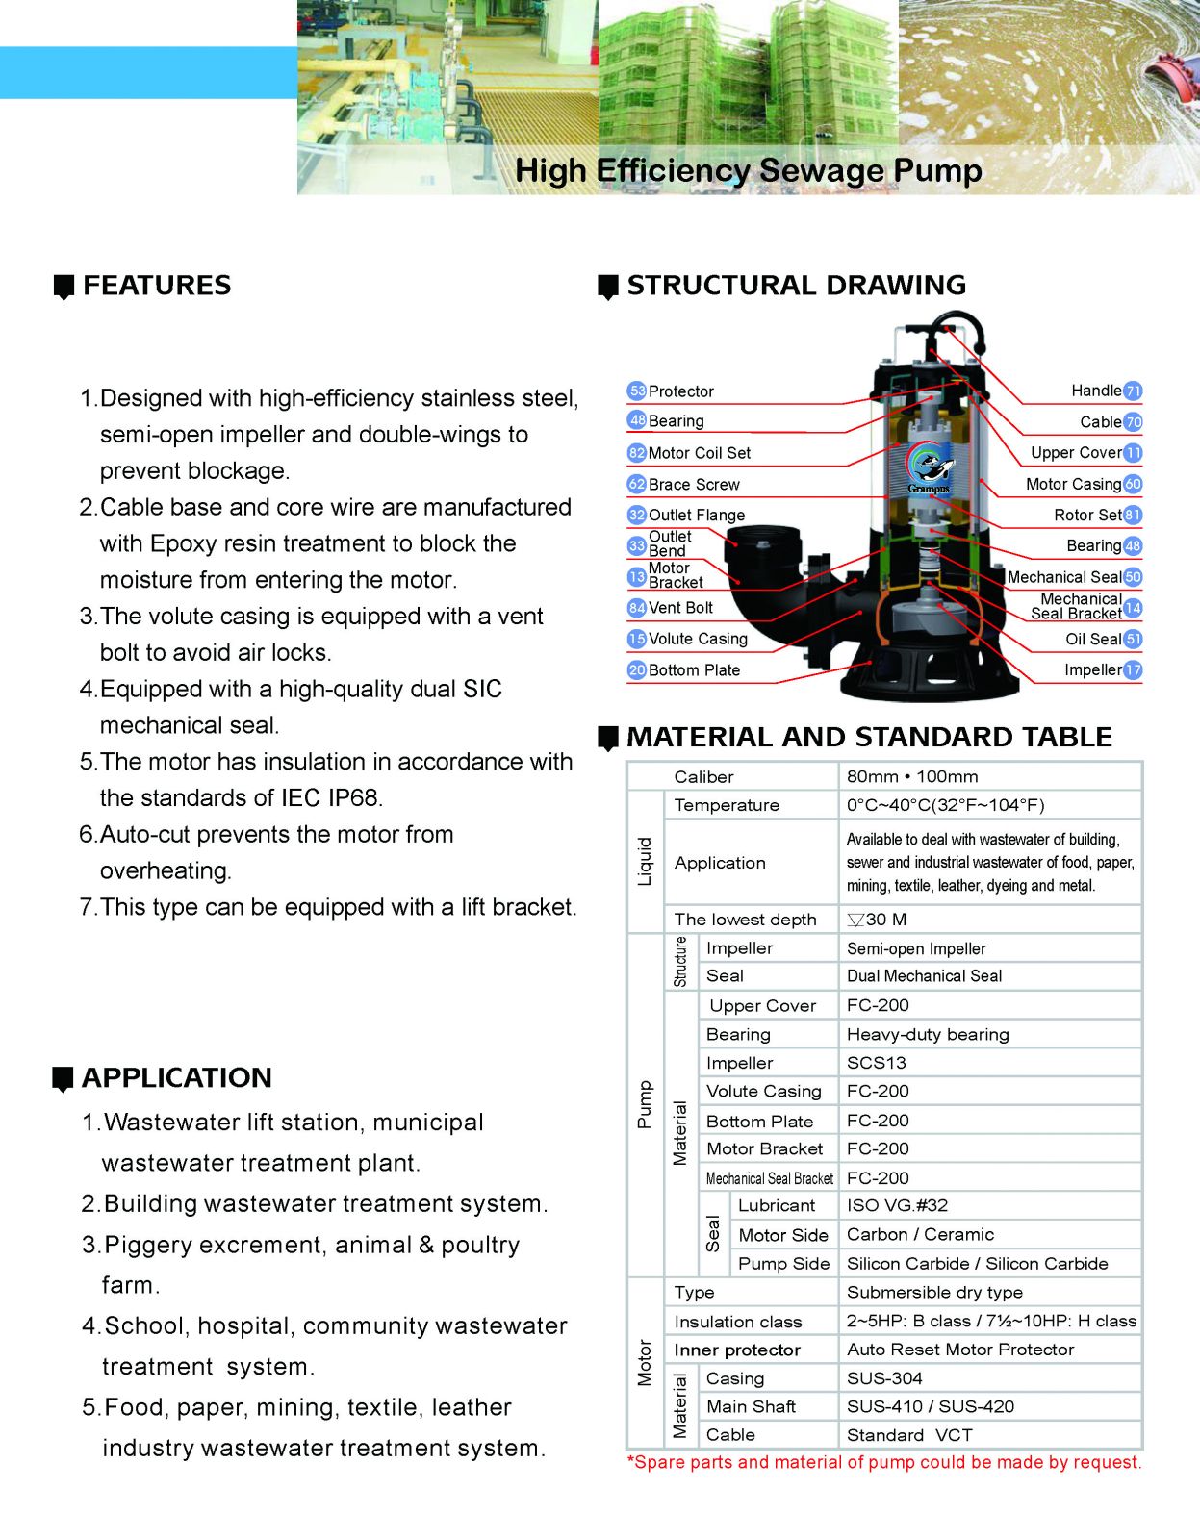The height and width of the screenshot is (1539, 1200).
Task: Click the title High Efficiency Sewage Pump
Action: click(748, 171)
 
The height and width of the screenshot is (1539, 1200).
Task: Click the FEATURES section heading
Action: click(157, 286)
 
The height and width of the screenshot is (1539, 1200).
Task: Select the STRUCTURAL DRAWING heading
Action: click(796, 286)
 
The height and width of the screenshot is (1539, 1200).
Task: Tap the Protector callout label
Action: click(680, 391)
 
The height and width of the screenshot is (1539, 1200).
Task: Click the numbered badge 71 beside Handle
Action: click(1134, 391)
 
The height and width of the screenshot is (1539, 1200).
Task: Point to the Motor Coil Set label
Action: click(699, 453)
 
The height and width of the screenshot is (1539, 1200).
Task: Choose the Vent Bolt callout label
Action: click(680, 608)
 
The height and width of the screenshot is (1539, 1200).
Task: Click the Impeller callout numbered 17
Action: click(1092, 670)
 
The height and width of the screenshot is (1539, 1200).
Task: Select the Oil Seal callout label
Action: click(1093, 640)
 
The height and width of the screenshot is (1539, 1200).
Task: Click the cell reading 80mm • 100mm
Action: click(912, 777)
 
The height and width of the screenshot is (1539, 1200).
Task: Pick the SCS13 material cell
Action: click(876, 1063)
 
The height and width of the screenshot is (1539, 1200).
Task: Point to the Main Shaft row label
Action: click(751, 1406)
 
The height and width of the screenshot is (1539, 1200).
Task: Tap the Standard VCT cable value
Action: click(909, 1435)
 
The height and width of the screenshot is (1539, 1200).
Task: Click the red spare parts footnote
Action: click(883, 1463)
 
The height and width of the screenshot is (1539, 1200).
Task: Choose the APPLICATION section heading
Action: click(177, 1078)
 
